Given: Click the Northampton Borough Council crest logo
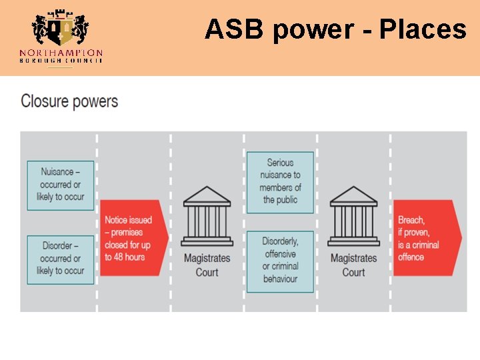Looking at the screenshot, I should [61, 29].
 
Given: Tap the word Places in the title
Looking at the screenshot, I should [423, 29].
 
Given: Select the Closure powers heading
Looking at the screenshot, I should [69, 101].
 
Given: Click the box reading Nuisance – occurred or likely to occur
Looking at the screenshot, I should [61, 185].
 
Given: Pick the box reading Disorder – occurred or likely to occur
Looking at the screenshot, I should [61, 259].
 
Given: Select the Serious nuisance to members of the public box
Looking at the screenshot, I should [280, 181].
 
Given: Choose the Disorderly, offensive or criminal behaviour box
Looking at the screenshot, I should [280, 260].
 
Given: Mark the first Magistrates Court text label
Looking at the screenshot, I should [207, 265].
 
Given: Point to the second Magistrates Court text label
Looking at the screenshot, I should [353, 265].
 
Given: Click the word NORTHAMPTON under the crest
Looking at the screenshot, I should [61, 53].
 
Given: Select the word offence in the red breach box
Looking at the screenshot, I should [411, 257].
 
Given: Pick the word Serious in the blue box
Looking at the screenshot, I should [280, 163].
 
